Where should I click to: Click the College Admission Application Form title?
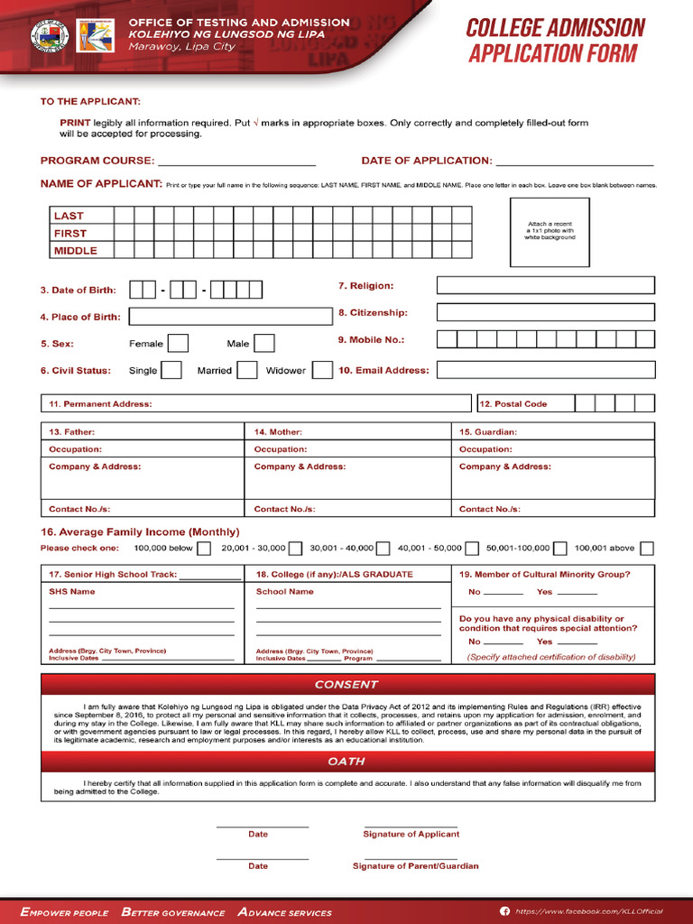tap(556, 41)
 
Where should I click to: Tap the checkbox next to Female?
tap(179, 344)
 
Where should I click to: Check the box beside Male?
tap(264, 344)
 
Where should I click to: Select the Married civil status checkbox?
tap(247, 370)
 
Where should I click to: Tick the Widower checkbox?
tap(322, 370)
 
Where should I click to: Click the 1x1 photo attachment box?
tap(550, 232)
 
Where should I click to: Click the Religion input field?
tap(546, 286)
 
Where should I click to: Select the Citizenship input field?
tap(546, 313)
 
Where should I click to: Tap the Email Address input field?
tap(546, 370)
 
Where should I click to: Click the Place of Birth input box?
tap(231, 317)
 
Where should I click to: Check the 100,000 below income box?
tap(204, 548)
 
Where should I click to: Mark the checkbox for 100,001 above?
tap(647, 548)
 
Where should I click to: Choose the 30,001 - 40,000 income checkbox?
tap(383, 548)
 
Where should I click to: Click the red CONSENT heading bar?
tap(347, 685)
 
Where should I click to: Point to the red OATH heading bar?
tap(347, 762)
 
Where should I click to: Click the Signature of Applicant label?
tap(411, 835)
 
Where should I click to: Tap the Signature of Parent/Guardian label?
tap(415, 866)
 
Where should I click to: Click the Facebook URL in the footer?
tap(588, 912)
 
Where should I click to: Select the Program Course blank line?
tap(236, 162)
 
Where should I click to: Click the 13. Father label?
tap(71, 432)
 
